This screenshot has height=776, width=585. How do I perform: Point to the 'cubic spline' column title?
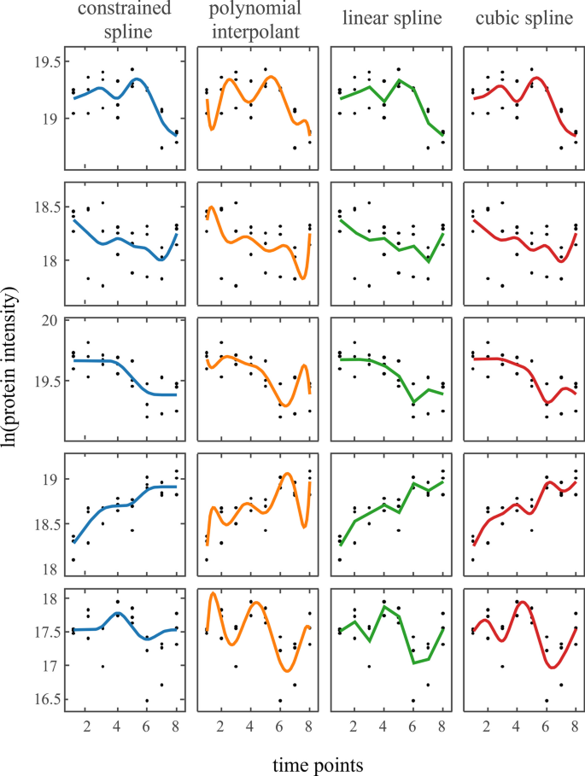[518, 20]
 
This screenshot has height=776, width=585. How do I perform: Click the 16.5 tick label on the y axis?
[44, 699]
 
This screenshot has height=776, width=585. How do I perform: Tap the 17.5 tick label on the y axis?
[44, 633]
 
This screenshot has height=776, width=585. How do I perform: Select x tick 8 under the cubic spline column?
[576, 726]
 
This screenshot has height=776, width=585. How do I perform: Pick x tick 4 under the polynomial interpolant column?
[249, 726]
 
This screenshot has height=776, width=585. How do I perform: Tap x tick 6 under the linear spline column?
[412, 726]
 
